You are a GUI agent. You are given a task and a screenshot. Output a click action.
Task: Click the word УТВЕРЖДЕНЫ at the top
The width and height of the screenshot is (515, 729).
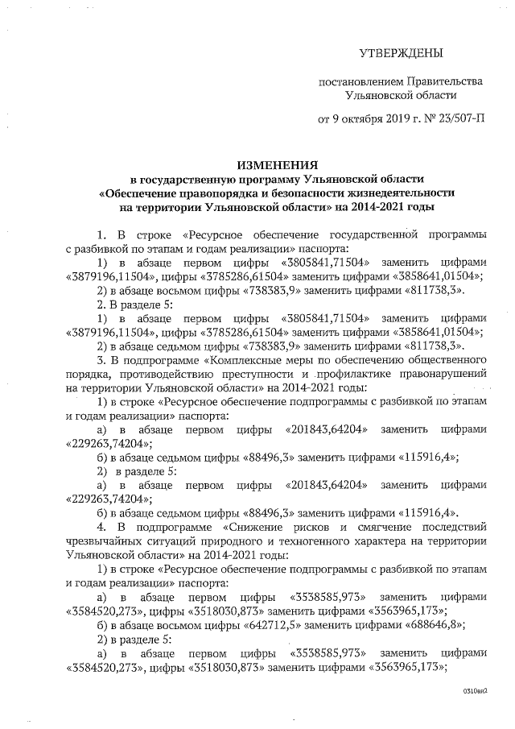coord(400,54)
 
